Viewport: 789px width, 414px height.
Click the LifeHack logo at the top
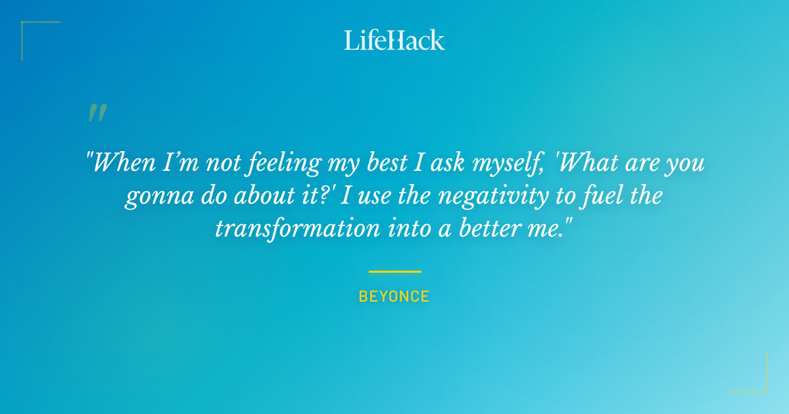[394, 40]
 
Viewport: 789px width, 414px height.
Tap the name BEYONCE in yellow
[394, 296]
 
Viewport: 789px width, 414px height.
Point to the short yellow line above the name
[394, 271]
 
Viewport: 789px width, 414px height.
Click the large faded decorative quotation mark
[97, 114]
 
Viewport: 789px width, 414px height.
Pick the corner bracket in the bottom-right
[756, 381]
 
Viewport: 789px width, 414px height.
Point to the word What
[586, 162]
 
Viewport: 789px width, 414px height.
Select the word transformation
[298, 228]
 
